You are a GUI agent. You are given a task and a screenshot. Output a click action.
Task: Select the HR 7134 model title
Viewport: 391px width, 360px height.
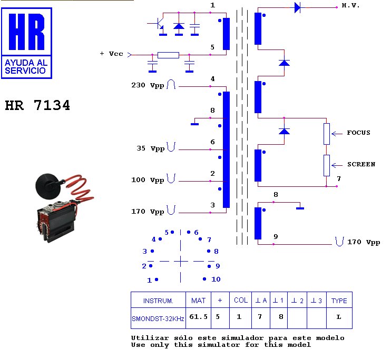click(x=37, y=106)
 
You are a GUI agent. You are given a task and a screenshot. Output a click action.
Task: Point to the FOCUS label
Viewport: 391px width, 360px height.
click(x=358, y=133)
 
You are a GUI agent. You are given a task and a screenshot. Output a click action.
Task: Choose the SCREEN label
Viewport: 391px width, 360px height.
click(x=361, y=164)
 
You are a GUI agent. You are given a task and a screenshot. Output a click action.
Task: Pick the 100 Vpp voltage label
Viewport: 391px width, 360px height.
click(x=148, y=180)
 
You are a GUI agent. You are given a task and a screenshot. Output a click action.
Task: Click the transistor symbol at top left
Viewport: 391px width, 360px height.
click(x=159, y=25)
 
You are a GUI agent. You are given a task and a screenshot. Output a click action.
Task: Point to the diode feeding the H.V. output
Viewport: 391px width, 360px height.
click(x=297, y=7)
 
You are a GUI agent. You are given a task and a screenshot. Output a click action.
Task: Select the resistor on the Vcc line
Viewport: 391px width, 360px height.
click(x=168, y=54)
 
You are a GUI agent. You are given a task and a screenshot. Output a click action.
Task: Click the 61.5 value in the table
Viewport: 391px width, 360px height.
click(x=198, y=317)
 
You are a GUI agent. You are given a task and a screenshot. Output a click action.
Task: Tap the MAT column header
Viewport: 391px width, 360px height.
click(x=198, y=301)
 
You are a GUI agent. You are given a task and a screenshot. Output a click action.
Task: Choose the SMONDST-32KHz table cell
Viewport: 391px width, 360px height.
click(x=158, y=318)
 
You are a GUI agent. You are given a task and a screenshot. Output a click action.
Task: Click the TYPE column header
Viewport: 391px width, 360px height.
click(x=339, y=301)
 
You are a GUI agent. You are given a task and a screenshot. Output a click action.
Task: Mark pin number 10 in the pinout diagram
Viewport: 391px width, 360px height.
click(x=216, y=279)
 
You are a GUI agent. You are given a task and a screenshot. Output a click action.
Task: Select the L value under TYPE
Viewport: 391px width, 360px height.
click(x=339, y=317)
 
